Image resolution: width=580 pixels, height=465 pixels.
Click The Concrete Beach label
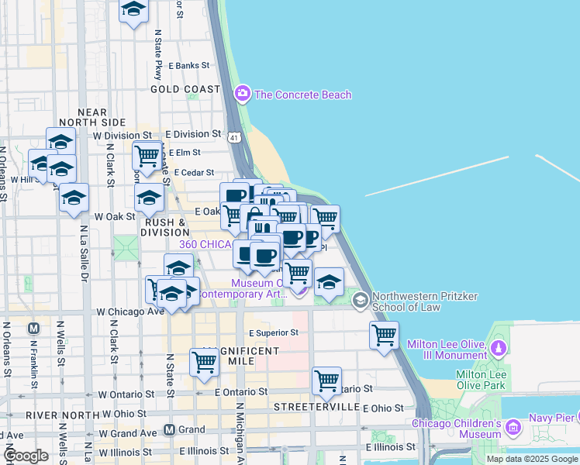click(302, 95)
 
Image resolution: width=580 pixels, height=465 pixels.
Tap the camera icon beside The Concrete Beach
click(243, 95)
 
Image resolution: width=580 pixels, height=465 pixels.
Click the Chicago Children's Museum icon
click(512, 427)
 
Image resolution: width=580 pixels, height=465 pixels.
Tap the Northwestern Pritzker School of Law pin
click(361, 299)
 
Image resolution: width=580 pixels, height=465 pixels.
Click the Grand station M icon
click(169, 429)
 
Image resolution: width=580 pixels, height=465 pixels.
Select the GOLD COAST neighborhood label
click(185, 89)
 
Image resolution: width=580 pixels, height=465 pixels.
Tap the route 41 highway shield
click(234, 137)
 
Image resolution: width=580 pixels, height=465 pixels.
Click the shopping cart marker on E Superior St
click(384, 336)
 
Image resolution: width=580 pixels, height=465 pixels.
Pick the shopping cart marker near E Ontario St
click(327, 381)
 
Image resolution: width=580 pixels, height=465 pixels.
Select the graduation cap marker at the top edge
click(134, 10)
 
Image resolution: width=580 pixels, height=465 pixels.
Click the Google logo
click(25, 456)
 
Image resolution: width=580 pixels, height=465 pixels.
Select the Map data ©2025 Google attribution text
click(531, 459)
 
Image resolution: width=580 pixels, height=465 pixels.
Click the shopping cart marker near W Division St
click(147, 157)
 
